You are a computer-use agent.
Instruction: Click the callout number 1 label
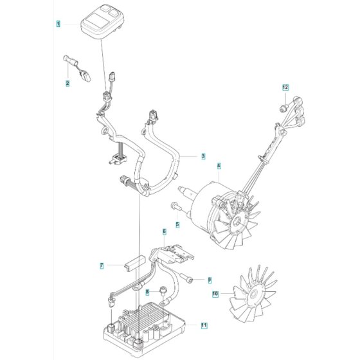59,24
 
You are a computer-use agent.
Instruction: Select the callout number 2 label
67,83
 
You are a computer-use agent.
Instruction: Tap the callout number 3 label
203,156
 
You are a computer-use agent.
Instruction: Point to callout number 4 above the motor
219,166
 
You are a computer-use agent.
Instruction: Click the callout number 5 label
177,224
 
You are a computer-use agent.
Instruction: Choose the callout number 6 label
164,231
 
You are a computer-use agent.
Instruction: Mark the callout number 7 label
102,265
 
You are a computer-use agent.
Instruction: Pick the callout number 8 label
147,292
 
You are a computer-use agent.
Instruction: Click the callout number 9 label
210,280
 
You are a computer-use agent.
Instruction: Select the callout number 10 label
215,294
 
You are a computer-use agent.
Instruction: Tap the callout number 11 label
204,325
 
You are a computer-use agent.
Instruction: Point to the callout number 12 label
285,87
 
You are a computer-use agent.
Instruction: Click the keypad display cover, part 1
102,22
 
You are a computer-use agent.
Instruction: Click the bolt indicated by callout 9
186,277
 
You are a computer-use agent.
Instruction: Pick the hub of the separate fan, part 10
253,294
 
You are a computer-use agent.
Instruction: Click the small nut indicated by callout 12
283,108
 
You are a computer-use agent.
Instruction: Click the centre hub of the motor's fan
237,222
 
